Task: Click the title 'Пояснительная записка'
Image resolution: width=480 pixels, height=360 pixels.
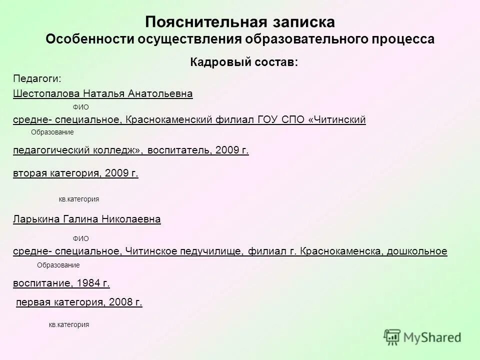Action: [240, 22]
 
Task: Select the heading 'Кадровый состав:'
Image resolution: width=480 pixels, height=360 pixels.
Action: [244, 62]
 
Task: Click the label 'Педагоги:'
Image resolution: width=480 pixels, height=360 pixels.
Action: [36, 78]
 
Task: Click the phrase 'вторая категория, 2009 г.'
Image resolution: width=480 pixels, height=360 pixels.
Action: [75, 173]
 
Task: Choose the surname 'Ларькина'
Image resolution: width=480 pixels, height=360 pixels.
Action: [35, 219]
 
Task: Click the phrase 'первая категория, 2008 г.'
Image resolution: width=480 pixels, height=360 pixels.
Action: [79, 302]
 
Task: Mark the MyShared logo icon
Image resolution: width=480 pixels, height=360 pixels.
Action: [392, 337]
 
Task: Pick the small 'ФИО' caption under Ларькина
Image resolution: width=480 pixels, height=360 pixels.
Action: [80, 239]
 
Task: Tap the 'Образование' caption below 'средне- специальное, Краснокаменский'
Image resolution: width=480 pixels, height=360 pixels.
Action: [52, 132]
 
